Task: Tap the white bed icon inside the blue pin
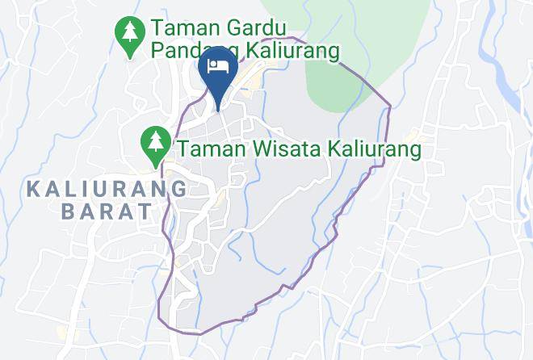click(217, 65)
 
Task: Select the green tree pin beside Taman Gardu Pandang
click(129, 36)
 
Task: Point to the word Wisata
click(262, 149)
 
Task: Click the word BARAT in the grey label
click(106, 212)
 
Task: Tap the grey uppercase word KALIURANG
click(107, 190)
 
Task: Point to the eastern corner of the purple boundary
click(390, 106)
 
